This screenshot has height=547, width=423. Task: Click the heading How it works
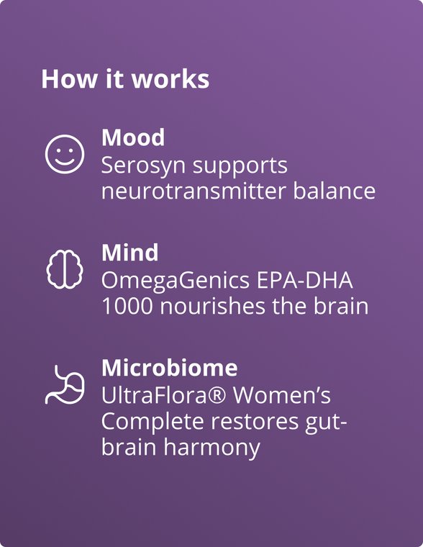coord(125,79)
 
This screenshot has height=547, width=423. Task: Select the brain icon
coord(65,269)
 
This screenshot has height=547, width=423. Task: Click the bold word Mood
coord(132,137)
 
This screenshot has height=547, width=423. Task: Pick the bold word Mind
coord(129,253)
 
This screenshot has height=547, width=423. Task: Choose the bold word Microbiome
coord(169,368)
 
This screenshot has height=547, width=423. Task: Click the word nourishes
coord(205,307)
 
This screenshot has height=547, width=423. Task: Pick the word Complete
coord(147,422)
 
